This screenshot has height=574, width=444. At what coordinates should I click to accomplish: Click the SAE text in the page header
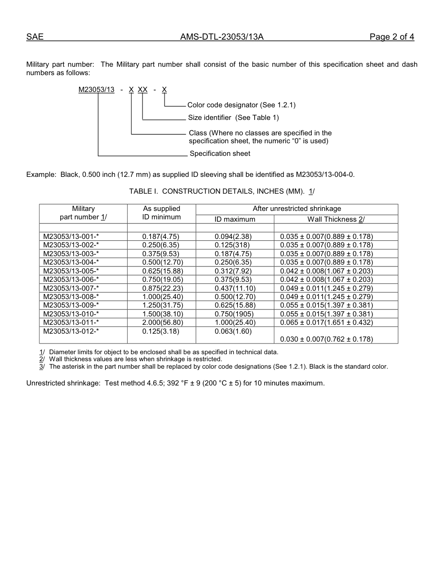tap(35, 37)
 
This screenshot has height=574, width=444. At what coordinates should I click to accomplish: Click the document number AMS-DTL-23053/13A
tap(222, 37)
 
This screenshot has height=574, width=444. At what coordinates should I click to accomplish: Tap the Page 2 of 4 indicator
tap(392, 37)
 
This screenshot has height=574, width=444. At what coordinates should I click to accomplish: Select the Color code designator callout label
tap(241, 105)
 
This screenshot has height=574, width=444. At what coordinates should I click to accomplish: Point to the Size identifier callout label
tap(233, 118)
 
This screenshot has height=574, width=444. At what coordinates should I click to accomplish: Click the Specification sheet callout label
tap(220, 154)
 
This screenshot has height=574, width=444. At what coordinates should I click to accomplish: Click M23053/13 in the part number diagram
tap(96, 90)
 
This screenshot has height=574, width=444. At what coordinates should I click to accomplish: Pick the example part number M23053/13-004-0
tap(325, 175)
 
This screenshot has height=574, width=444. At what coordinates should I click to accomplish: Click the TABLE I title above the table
tap(222, 191)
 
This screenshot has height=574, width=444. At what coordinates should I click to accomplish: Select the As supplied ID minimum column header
tap(161, 213)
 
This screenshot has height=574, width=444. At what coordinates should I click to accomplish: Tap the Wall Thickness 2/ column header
tap(336, 219)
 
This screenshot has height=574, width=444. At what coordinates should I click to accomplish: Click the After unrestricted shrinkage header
tap(297, 209)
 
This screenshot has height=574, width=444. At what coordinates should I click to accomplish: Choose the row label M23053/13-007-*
tap(71, 288)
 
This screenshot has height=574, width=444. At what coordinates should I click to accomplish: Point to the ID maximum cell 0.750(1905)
tap(234, 314)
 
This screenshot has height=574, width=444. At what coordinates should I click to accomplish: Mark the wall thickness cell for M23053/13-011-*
tap(326, 322)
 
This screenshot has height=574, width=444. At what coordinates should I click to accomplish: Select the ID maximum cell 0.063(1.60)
tap(233, 331)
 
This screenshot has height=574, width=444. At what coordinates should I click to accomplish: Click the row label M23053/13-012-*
tap(71, 331)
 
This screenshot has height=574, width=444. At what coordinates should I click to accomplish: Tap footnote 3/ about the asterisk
tap(218, 366)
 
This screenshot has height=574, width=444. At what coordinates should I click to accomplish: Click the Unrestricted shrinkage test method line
tap(175, 383)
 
